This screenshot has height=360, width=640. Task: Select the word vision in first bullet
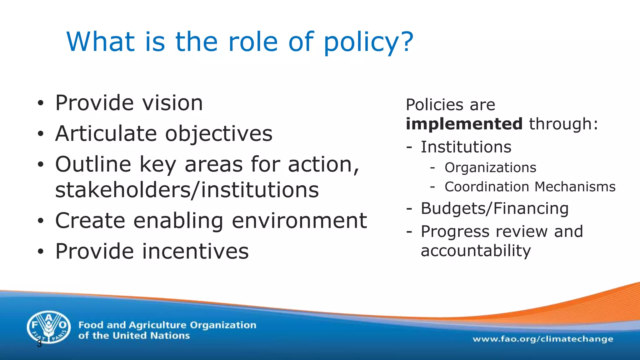[172, 103]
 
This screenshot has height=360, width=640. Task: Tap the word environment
[299, 221]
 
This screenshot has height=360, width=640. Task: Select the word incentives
[195, 251]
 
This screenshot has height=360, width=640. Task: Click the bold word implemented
[464, 124]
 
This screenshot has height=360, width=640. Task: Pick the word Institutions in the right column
[466, 147]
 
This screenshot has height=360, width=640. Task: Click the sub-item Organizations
[490, 168]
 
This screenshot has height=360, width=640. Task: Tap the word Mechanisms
[575, 187]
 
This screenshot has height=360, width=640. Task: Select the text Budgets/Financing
[494, 208]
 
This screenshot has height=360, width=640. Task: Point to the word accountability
[476, 251]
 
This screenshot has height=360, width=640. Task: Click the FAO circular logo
[48, 327]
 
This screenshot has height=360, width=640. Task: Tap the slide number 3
[39, 344]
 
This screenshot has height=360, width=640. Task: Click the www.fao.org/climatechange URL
[543, 339]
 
